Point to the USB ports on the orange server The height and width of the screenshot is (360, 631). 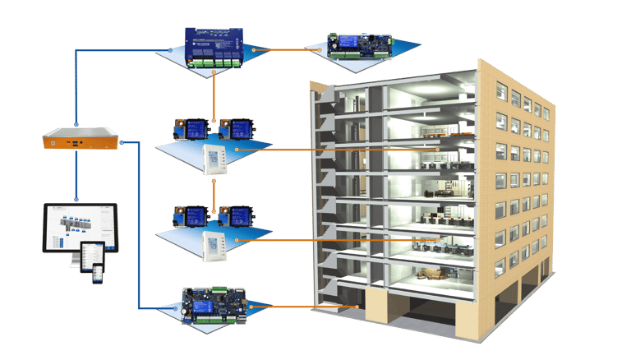click(73, 145)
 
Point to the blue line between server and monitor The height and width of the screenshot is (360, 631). click(76, 177)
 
